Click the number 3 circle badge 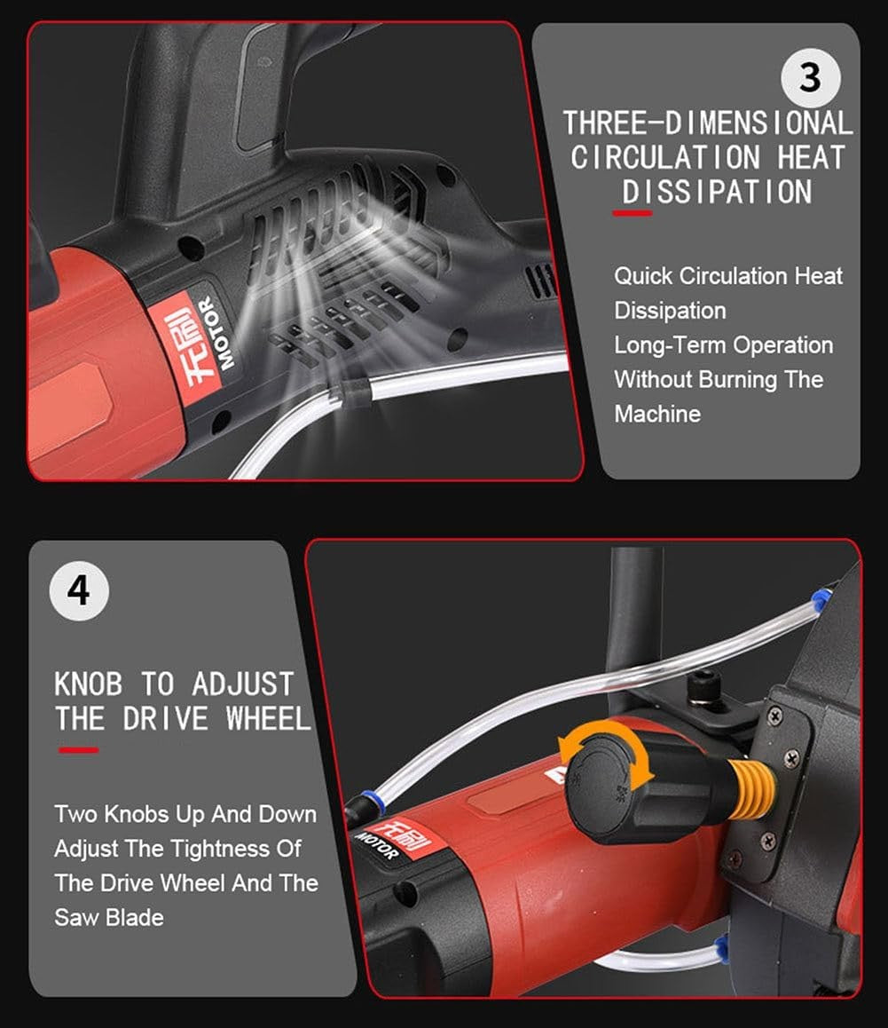click(810, 77)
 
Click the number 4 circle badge click(79, 590)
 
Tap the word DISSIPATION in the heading click(717, 192)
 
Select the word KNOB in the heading click(88, 684)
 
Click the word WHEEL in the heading click(268, 718)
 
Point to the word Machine click(657, 414)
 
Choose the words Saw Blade click(109, 917)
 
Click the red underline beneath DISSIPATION click(632, 213)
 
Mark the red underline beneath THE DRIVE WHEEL click(79, 750)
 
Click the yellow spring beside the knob click(751, 787)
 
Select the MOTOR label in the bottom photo click(376, 845)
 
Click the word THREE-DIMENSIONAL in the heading click(708, 123)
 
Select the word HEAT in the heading click(812, 157)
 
